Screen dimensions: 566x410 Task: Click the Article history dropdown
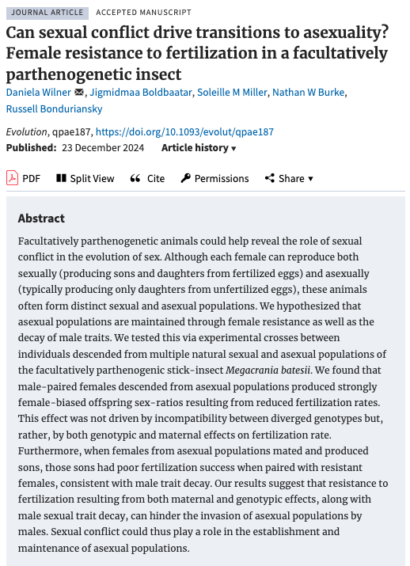coord(199,148)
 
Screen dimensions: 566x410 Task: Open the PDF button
coord(24,178)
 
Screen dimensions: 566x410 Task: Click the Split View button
coord(85,178)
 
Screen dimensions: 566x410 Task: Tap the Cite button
coord(147,178)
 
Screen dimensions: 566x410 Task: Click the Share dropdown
coord(289,178)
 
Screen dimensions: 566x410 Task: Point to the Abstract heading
coord(41,218)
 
